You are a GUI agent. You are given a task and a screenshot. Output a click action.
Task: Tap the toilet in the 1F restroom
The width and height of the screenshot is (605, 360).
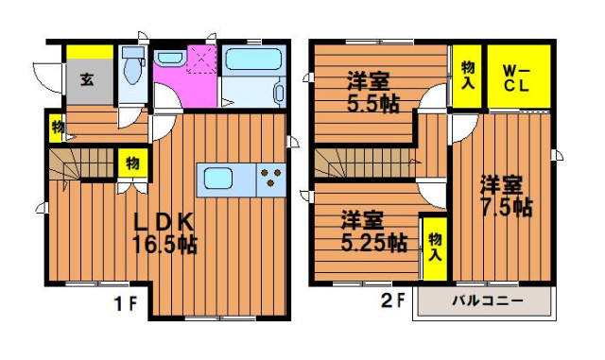coord(132,64)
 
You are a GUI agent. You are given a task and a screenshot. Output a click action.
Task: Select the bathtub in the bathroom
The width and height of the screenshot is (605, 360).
coord(253,59)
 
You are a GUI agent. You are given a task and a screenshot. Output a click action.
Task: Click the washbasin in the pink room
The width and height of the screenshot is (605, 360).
coord(170,58)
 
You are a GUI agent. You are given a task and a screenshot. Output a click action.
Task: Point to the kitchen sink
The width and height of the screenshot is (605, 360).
coord(218,178)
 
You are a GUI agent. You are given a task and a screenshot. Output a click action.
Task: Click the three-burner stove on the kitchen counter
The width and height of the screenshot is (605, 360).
coord(271,178)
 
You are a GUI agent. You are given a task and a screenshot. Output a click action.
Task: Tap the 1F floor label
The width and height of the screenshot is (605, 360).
coord(126,304)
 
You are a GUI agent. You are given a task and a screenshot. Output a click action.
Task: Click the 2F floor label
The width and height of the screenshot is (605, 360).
coord(393,300)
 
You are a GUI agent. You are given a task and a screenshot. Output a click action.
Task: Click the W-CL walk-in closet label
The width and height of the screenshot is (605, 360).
coord(516,78)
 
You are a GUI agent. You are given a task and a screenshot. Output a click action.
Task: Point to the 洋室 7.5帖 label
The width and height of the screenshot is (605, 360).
coord(506,196)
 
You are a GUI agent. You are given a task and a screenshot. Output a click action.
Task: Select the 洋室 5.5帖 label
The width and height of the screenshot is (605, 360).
coord(372,92)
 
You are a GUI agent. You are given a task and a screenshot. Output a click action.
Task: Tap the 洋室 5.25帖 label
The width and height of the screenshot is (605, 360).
coord(373,231)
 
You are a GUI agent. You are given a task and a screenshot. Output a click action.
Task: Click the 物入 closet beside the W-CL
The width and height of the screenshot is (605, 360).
coord(467,76)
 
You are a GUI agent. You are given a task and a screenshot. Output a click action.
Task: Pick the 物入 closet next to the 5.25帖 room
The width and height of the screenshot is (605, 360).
coord(435,249)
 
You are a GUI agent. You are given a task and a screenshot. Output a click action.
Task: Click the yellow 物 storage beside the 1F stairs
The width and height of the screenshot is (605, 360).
coord(132,163)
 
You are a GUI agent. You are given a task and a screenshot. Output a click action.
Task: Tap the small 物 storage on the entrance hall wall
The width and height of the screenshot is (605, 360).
coord(58,127)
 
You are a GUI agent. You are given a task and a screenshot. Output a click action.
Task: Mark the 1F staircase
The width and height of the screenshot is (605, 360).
coord(81,164)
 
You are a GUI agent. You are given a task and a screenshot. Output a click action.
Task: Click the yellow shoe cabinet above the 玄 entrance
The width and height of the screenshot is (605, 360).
coord(90,52)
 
